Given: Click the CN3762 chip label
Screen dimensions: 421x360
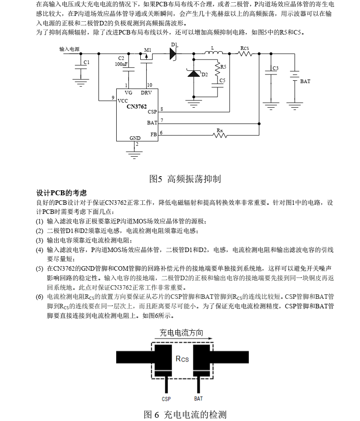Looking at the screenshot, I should pyautogui.click(x=137, y=106).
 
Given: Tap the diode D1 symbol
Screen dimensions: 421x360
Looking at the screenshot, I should pyautogui.click(x=173, y=54).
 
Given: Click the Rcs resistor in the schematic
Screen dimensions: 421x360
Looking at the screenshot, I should pyautogui.click(x=245, y=54).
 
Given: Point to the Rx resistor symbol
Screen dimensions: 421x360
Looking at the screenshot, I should pyautogui.click(x=220, y=135).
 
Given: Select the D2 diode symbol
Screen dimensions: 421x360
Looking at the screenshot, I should pyautogui.click(x=194, y=73).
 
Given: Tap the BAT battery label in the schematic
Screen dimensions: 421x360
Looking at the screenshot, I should pyautogui.click(x=305, y=81).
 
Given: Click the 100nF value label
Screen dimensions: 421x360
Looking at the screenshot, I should pyautogui.click(x=121, y=64).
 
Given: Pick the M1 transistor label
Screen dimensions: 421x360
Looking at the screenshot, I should pyautogui.click(x=148, y=50).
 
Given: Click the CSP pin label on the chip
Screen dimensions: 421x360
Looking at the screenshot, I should pyautogui.click(x=152, y=112).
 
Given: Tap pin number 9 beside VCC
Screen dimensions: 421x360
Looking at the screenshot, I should pyautogui.click(x=113, y=98).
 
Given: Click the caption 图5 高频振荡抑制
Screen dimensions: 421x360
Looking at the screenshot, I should pyautogui.click(x=185, y=178).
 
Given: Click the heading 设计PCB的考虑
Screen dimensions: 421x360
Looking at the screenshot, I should pyautogui.click(x=61, y=193).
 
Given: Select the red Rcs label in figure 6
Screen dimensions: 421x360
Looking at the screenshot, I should pyautogui.click(x=182, y=359).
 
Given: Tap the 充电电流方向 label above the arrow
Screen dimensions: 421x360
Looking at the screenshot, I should pyautogui.click(x=181, y=332).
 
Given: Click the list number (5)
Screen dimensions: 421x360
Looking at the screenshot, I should pyautogui.click(x=40, y=268).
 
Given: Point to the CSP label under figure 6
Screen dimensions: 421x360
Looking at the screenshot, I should pyautogui.click(x=166, y=399).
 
